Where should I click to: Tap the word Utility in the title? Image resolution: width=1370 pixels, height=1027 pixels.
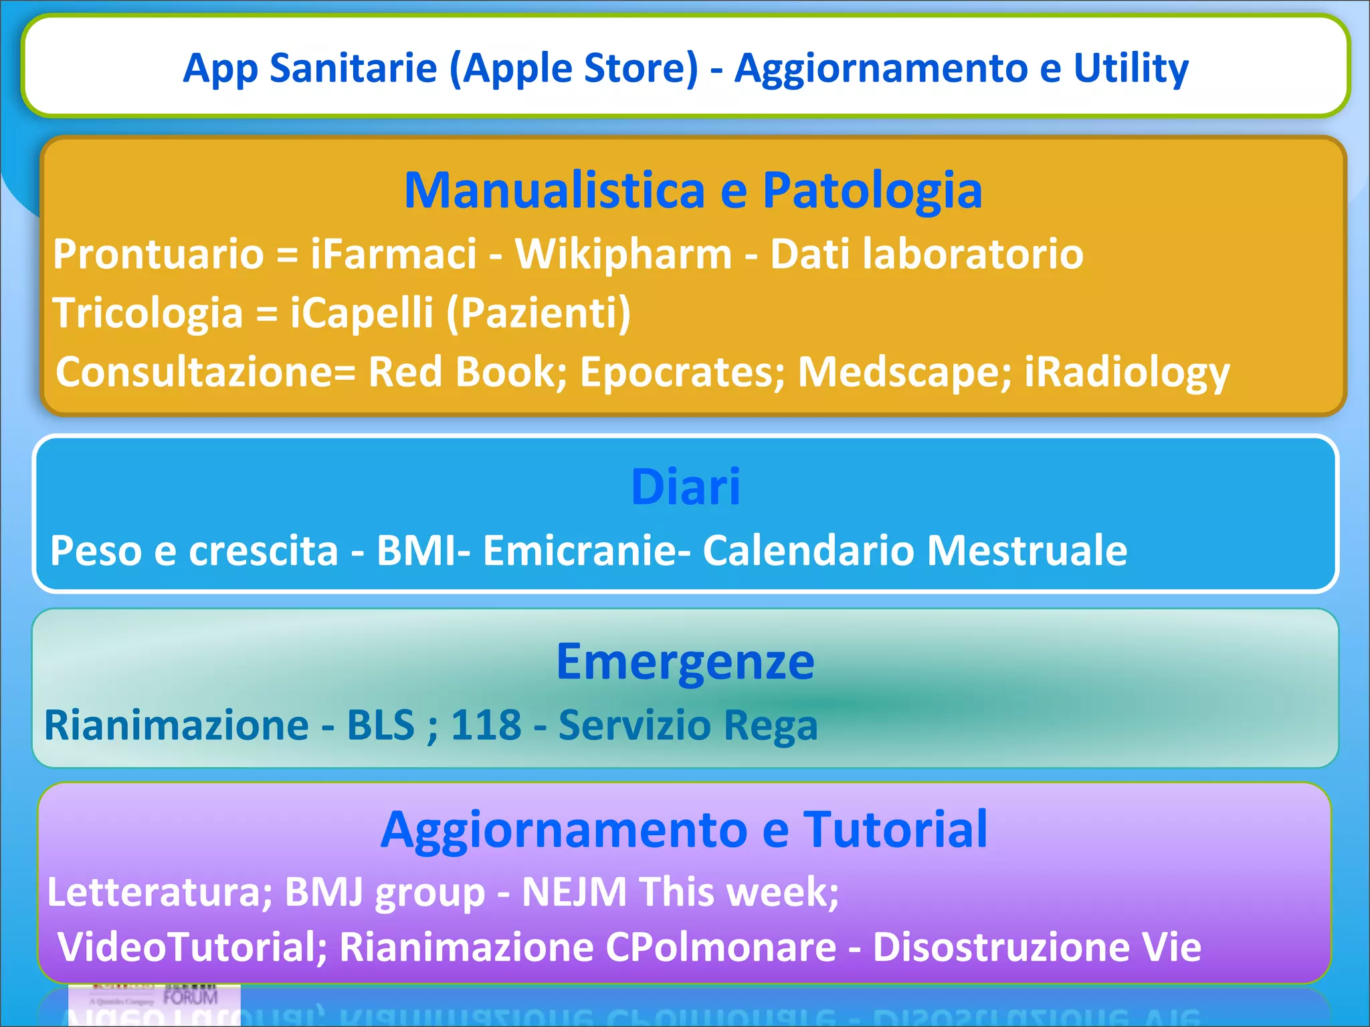tap(1131, 68)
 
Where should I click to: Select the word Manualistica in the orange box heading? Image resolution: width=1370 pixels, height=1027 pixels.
tap(555, 191)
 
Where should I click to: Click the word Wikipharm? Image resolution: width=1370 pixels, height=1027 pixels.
tap(623, 254)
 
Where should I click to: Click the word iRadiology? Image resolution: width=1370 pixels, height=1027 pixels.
tap(1127, 372)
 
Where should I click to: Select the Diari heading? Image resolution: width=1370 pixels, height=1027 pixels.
tap(686, 487)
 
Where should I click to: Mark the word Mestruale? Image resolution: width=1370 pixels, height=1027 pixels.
tap(1027, 550)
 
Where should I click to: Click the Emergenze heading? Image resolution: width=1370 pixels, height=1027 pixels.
tap(686, 661)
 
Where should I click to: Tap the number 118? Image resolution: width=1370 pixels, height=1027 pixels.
tap(486, 725)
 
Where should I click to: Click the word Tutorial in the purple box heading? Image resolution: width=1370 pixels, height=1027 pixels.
tap(895, 829)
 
